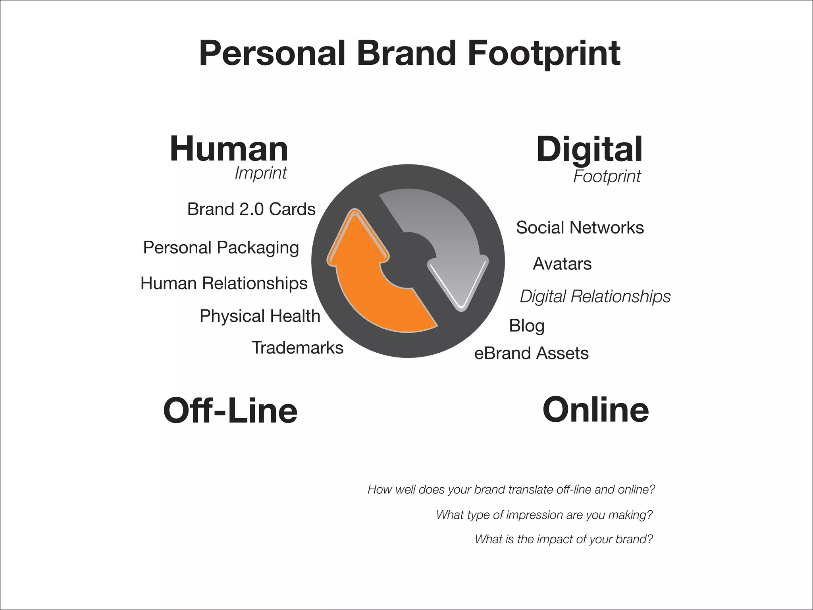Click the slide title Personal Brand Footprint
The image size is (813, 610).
[409, 54]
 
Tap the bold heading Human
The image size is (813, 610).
[229, 149]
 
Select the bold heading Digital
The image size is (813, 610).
[589, 150]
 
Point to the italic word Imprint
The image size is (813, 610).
[260, 173]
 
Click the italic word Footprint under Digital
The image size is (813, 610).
[607, 176]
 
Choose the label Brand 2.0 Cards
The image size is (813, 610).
[251, 209]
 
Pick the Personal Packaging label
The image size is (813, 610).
[221, 248]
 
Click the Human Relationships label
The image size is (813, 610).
[224, 284]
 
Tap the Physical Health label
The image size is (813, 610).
[260, 316]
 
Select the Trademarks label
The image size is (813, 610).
[297, 348]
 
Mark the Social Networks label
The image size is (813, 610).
[580, 228]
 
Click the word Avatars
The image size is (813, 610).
[562, 264]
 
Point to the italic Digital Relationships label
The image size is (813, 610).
[595, 296]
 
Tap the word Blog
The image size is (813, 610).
[526, 326]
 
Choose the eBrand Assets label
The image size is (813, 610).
[531, 353]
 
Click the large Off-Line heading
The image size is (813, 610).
[230, 411]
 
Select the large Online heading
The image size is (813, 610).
[595, 410]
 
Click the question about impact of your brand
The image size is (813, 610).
[564, 539]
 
